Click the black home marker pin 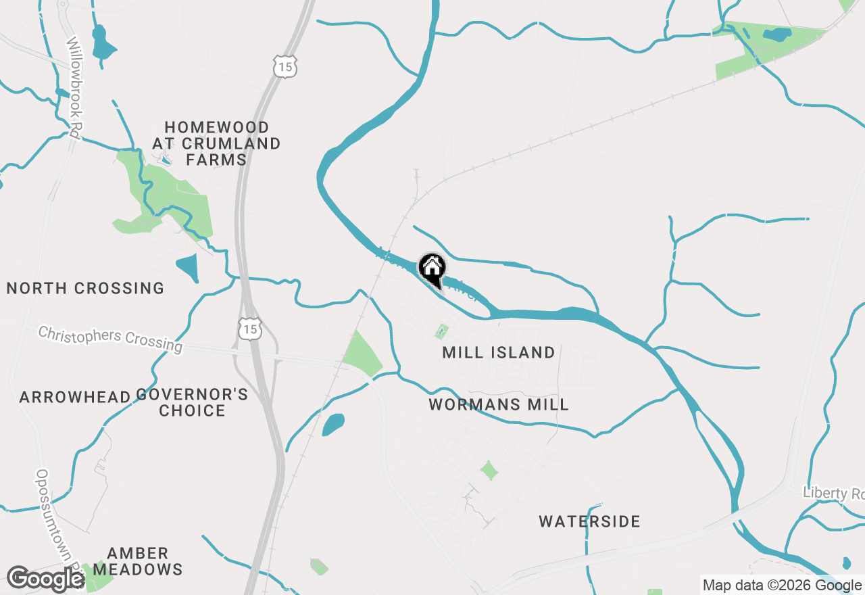click(432, 269)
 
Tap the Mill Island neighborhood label click(499, 352)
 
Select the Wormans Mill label click(499, 404)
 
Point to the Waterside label click(589, 521)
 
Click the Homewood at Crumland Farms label click(216, 143)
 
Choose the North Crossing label click(85, 288)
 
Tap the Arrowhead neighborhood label click(74, 396)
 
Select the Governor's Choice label click(193, 402)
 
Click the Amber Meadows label click(138, 561)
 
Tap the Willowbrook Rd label click(72, 88)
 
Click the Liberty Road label click(833, 494)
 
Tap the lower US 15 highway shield click(249, 329)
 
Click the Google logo click(45, 579)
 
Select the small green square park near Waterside click(489, 470)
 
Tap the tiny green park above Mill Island click(441, 331)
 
